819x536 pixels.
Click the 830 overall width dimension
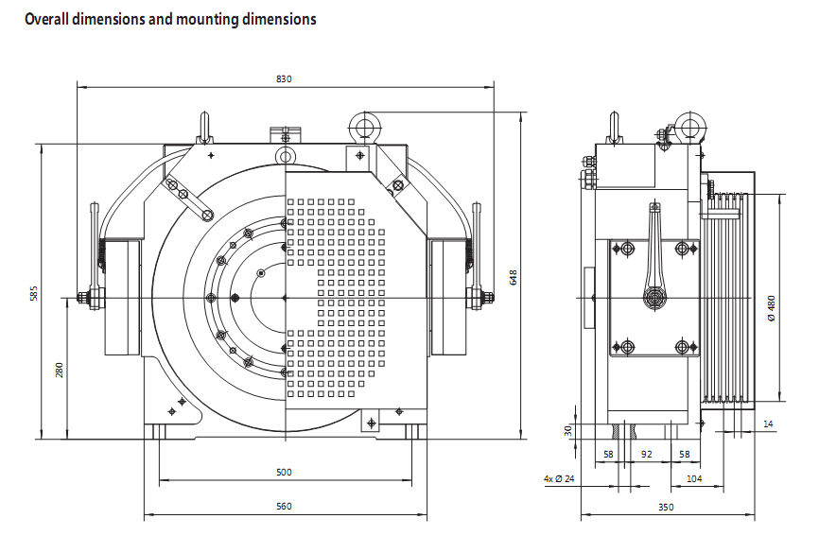(x=284, y=78)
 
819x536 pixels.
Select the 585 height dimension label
(x=34, y=293)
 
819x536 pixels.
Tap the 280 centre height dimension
(x=59, y=370)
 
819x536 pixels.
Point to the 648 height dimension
(x=513, y=277)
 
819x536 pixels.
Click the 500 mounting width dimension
(x=284, y=473)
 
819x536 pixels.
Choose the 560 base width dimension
(x=284, y=507)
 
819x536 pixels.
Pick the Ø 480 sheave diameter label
(x=772, y=308)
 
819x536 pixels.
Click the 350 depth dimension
(x=666, y=507)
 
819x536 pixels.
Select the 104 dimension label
(x=694, y=478)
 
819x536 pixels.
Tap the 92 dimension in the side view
(x=647, y=454)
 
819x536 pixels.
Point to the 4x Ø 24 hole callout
(x=559, y=478)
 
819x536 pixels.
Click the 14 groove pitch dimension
(x=768, y=424)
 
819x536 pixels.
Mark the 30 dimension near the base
(x=568, y=430)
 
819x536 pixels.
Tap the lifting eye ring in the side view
(x=690, y=127)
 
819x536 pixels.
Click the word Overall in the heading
(x=46, y=19)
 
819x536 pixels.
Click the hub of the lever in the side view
(x=653, y=298)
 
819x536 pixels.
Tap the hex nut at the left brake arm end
(x=82, y=298)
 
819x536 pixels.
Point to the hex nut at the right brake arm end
(x=488, y=298)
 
